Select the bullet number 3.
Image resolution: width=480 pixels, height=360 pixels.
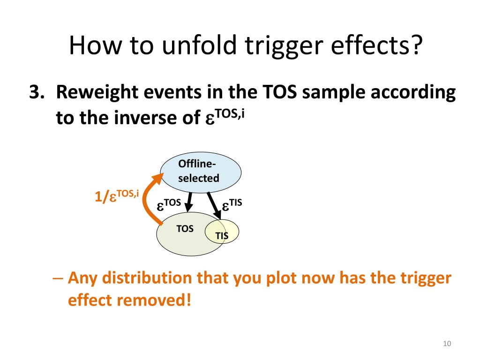[37, 93]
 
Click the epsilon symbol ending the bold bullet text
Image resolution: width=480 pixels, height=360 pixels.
[210, 120]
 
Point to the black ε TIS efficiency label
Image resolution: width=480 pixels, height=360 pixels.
[232, 205]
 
